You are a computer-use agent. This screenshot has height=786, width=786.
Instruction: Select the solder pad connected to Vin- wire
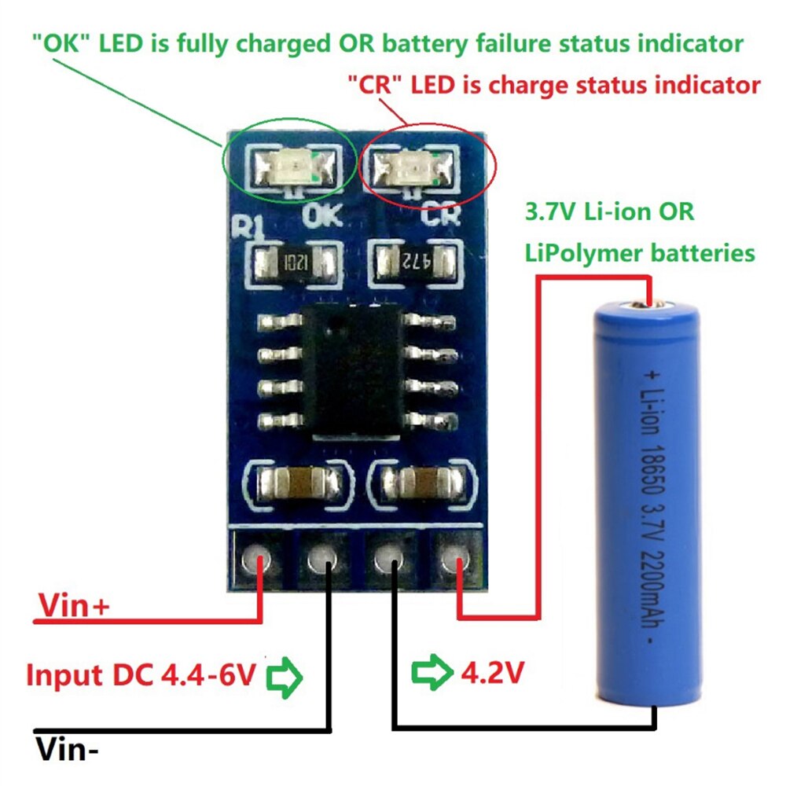pyautogui.click(x=321, y=560)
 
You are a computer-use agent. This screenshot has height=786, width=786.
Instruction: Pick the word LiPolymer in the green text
pyautogui.click(x=586, y=253)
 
